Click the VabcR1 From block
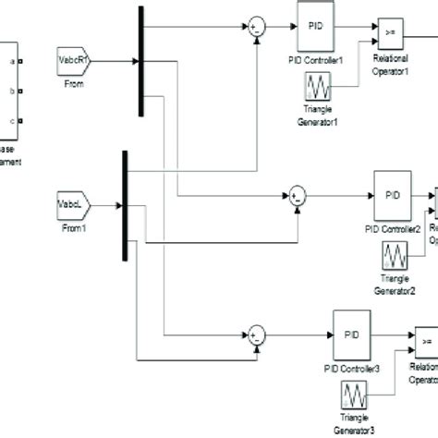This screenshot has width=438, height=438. [x=73, y=57]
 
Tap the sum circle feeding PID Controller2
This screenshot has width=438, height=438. [x=297, y=195]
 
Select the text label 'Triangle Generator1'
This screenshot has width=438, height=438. [x=319, y=119]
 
